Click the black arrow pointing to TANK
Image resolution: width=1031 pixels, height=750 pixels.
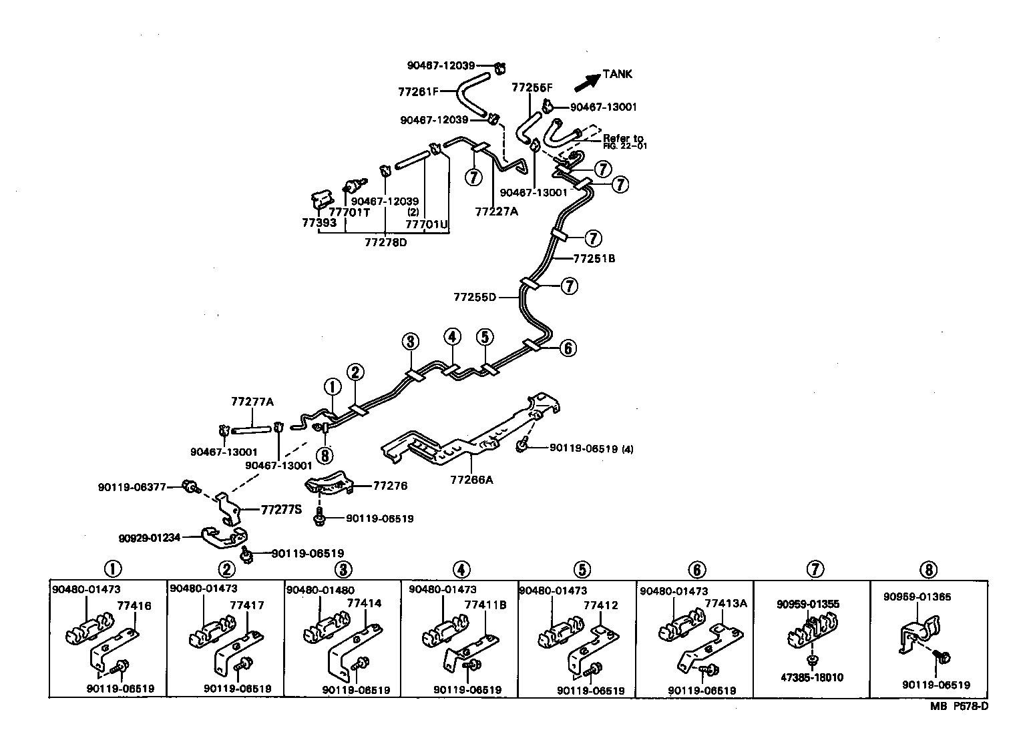click(x=586, y=81)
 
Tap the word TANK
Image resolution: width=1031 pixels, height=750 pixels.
click(x=617, y=74)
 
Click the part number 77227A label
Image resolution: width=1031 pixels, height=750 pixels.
click(x=497, y=212)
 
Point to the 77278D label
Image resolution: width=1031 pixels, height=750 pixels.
click(x=385, y=242)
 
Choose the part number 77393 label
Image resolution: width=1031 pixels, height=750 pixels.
click(x=319, y=223)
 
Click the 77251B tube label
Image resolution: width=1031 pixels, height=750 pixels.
click(x=594, y=258)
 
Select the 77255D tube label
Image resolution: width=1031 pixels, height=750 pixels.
click(x=475, y=297)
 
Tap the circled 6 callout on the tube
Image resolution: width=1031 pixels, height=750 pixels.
click(x=567, y=348)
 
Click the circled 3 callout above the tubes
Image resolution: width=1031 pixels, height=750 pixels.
click(x=410, y=342)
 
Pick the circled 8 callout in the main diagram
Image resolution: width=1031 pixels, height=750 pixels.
click(x=325, y=456)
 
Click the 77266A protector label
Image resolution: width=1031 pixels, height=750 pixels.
click(x=471, y=479)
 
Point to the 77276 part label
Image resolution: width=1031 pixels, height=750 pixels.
click(x=390, y=486)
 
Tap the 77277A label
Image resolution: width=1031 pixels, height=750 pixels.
click(x=252, y=402)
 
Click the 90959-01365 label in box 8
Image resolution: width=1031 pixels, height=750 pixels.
click(x=917, y=597)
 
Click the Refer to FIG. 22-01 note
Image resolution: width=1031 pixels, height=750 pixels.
click(x=624, y=141)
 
